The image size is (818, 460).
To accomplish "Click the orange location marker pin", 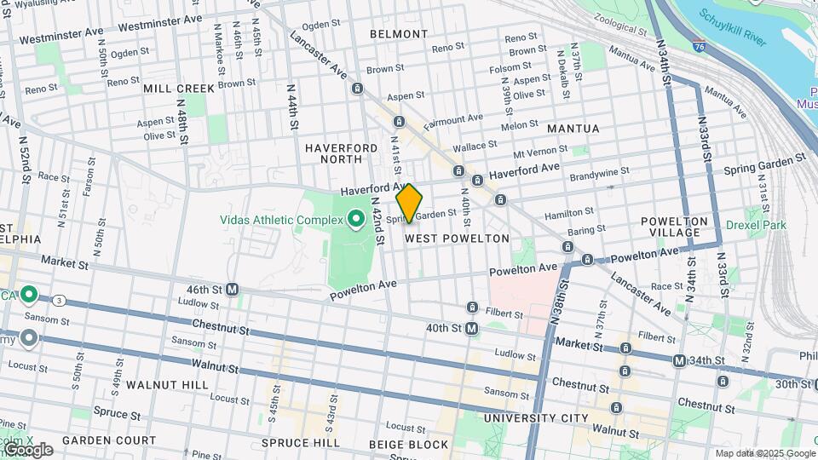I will (x=409, y=204).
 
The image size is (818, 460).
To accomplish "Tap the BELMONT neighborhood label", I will (x=399, y=34).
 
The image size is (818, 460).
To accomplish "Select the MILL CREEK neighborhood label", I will (x=179, y=89).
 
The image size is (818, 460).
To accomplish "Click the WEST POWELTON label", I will (x=457, y=239).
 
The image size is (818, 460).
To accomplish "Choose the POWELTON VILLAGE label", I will (x=675, y=227).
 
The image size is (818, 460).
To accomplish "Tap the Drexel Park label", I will (x=757, y=226).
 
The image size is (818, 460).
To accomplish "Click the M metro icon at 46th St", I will (x=232, y=290).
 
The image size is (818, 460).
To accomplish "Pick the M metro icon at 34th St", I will (x=678, y=361).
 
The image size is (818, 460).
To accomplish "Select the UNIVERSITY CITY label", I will (x=535, y=418).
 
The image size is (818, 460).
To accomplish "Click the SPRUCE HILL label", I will (x=296, y=443).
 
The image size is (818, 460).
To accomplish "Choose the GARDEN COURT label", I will (x=108, y=440).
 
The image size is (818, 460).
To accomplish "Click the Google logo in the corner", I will (x=28, y=450).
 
